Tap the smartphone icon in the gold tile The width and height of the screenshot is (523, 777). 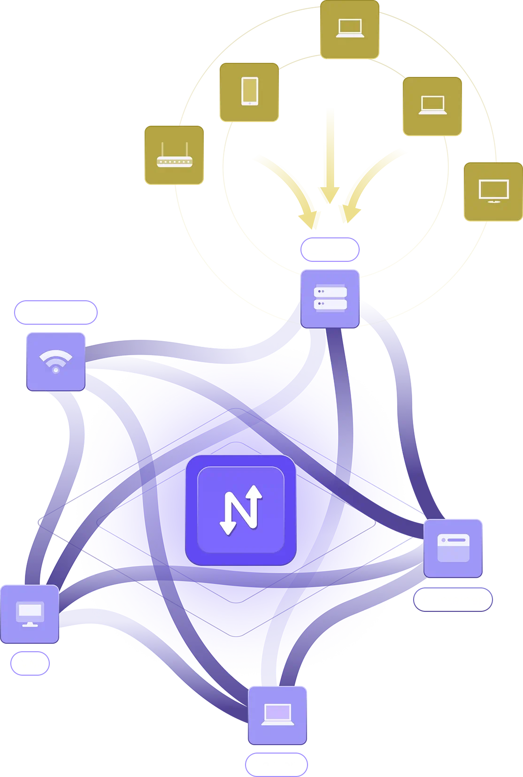click(249, 91)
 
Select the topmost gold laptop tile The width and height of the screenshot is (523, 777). click(349, 29)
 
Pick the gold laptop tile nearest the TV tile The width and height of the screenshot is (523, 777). click(432, 106)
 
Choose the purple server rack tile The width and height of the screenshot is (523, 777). click(330, 299)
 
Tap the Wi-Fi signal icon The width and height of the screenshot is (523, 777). click(56, 361)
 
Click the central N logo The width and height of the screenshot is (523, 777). click(241, 510)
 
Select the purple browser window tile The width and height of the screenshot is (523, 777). click(453, 548)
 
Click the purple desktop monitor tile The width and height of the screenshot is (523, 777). click(30, 614)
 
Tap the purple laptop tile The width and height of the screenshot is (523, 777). click(277, 715)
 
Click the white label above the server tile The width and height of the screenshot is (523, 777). click(331, 250)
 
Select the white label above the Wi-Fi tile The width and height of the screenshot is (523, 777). click(57, 312)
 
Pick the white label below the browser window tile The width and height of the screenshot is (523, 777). click(454, 601)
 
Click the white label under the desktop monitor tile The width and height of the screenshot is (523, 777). click(32, 664)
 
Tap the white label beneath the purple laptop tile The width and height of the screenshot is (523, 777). click(279, 765)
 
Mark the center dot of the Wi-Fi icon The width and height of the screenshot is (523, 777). click(56, 370)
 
